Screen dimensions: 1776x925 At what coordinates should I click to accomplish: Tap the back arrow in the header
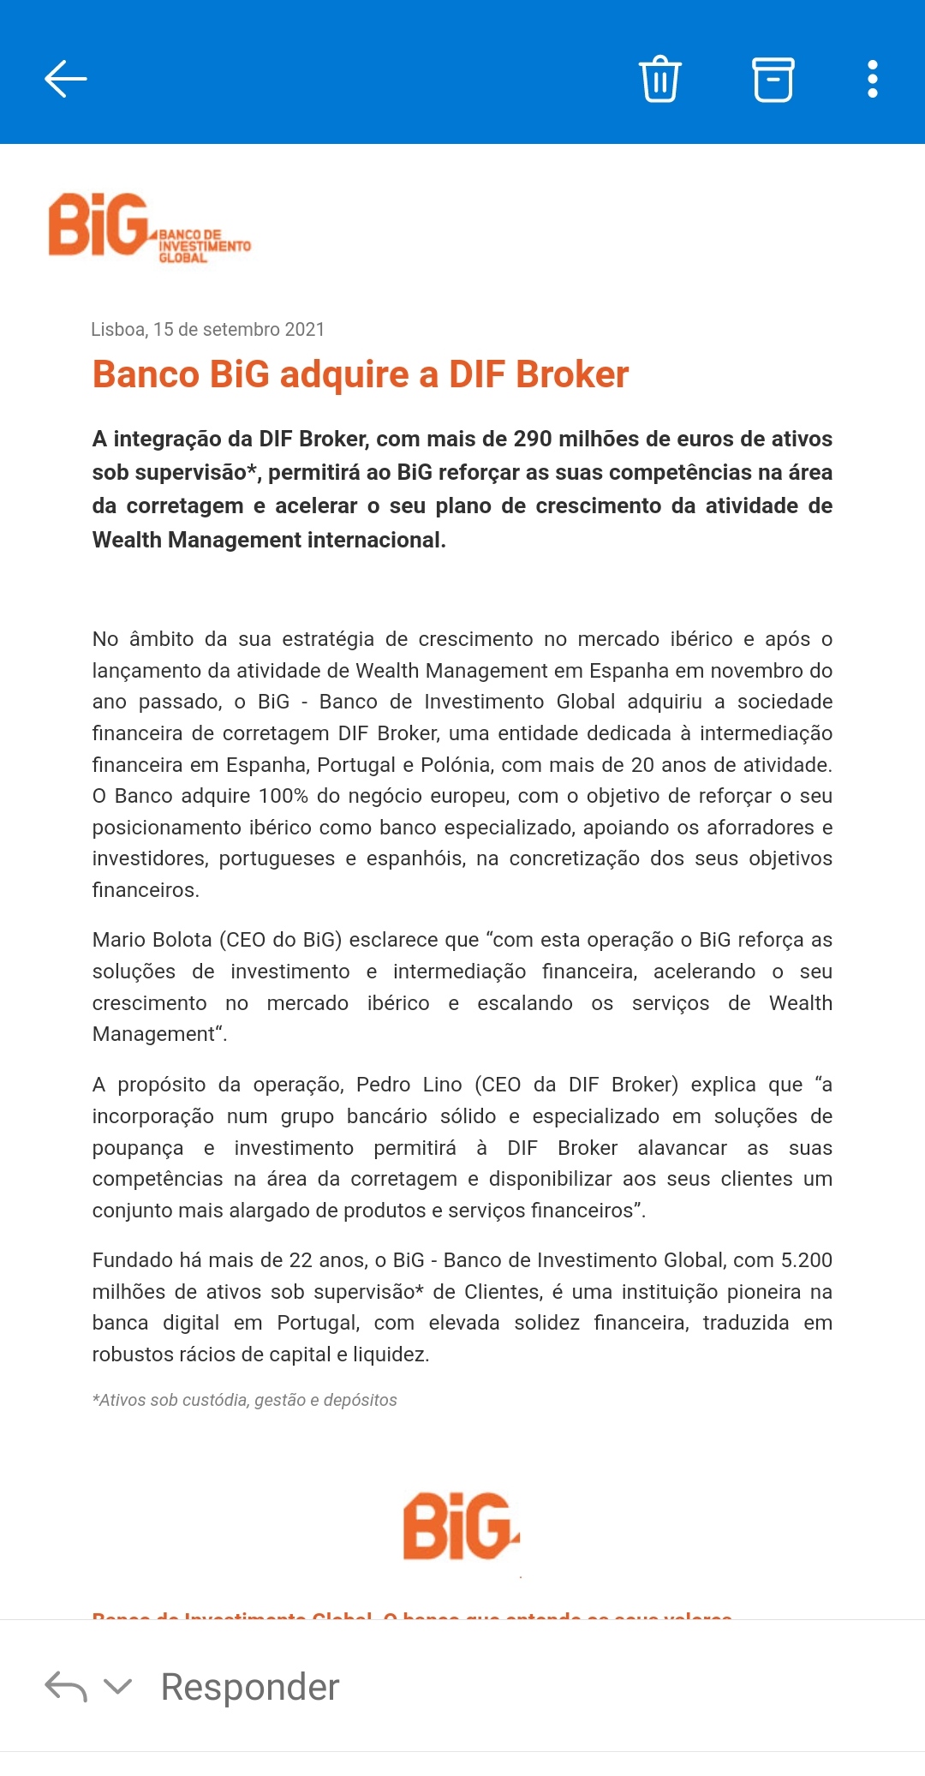tap(66, 79)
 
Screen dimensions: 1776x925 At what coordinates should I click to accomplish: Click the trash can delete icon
tap(659, 79)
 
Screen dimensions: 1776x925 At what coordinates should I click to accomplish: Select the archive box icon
tap(773, 79)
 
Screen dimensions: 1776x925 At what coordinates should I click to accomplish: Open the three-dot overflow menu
tap(872, 79)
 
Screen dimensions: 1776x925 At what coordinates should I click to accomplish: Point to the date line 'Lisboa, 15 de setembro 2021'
tap(207, 329)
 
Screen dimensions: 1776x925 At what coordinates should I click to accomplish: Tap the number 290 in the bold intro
tap(533, 439)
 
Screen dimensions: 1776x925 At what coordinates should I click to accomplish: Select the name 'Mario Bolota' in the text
tap(152, 940)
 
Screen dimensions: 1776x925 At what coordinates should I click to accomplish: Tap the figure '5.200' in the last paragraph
tap(806, 1260)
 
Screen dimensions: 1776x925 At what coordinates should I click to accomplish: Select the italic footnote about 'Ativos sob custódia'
tap(244, 1400)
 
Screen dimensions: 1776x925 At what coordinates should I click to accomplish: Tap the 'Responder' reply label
tap(250, 1686)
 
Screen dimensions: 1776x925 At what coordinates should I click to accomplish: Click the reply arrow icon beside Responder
tap(66, 1686)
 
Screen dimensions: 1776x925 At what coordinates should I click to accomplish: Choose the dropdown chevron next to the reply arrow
tap(117, 1686)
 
